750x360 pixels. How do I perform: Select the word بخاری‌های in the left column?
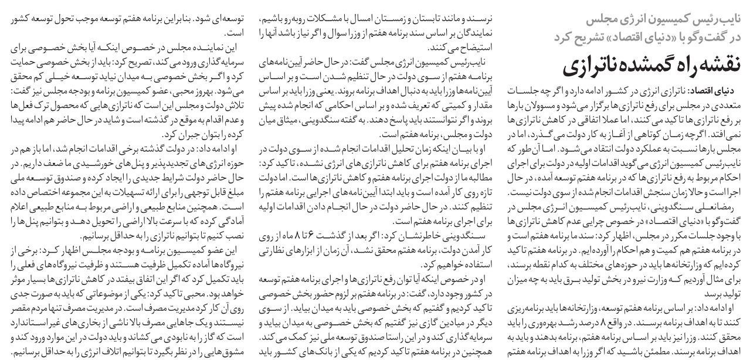(x=104, y=322)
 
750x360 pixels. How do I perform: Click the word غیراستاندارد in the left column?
(x=42, y=322)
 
